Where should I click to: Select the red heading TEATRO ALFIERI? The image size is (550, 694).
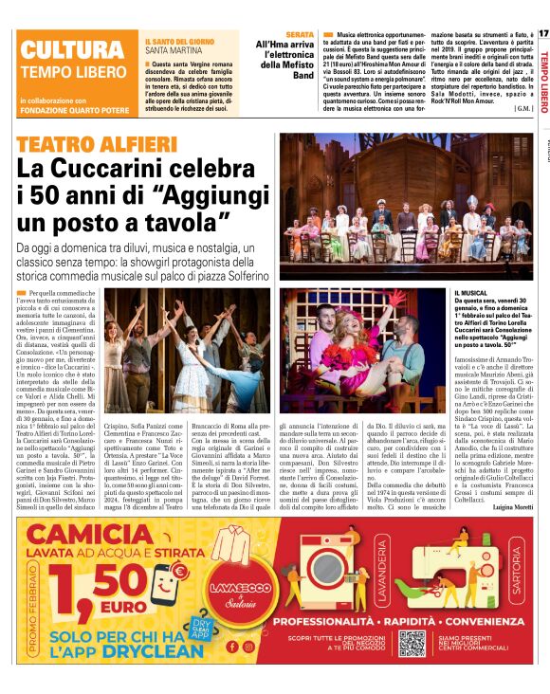point(98,145)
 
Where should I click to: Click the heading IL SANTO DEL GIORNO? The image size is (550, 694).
point(180,43)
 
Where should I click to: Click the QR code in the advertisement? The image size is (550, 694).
point(411,643)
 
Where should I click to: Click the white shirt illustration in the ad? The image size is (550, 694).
point(228,559)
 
